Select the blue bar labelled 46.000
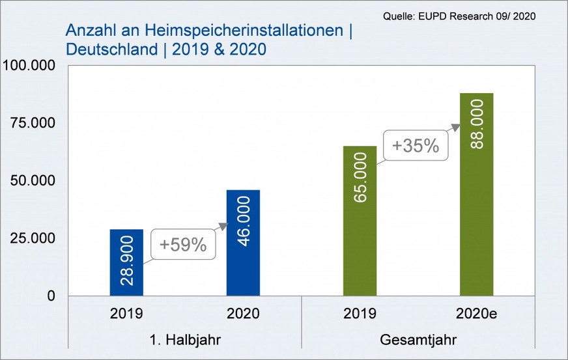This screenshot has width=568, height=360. (243, 243)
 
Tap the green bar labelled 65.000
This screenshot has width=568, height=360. (360, 221)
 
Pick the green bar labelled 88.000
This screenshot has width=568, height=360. (476, 195)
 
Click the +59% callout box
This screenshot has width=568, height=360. (183, 245)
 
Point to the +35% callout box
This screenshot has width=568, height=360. (416, 145)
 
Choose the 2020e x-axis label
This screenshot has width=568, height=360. (476, 314)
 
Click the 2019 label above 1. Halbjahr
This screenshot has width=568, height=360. (126, 314)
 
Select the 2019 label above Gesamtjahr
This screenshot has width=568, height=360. (360, 314)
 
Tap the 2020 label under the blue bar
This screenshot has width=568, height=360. (243, 314)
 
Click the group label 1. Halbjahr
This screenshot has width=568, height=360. (185, 340)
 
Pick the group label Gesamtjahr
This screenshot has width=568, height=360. (418, 340)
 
